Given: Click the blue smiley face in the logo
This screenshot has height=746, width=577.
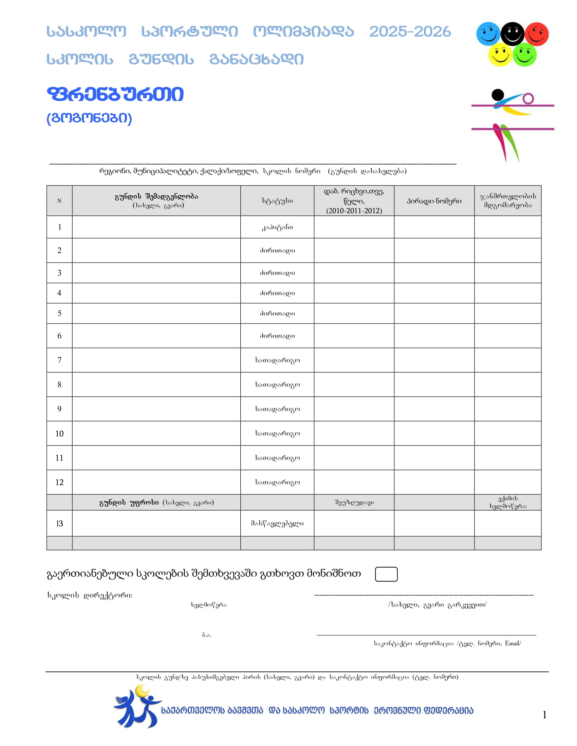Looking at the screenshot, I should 488,34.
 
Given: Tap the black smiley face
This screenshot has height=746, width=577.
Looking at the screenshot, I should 512,34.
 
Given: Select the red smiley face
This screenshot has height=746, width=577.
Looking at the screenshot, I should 536,34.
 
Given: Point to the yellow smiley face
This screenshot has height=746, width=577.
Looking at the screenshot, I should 500,55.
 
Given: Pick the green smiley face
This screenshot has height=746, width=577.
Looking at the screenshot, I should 524,55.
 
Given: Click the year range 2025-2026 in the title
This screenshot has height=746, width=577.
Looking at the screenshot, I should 410,32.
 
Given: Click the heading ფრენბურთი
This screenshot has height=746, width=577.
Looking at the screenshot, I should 115,94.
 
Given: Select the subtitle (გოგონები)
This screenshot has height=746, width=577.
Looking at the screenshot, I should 89,118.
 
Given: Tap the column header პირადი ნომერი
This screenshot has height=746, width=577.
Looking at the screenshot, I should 434,201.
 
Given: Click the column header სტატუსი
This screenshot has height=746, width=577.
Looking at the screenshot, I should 277,201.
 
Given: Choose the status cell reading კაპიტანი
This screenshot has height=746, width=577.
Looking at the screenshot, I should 277,227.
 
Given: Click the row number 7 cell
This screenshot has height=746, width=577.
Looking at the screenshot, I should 59,360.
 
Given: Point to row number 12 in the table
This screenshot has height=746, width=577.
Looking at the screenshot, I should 59,482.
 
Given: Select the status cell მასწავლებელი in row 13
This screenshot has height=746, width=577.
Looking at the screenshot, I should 277,523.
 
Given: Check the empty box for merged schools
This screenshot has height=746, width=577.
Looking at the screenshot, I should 386,574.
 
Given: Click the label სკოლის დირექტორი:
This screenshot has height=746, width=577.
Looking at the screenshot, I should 90,595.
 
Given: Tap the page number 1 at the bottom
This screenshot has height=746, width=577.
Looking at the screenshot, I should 544,714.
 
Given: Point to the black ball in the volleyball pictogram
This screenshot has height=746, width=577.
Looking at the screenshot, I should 498,94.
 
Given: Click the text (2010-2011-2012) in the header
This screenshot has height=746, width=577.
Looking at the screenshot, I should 354,211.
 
